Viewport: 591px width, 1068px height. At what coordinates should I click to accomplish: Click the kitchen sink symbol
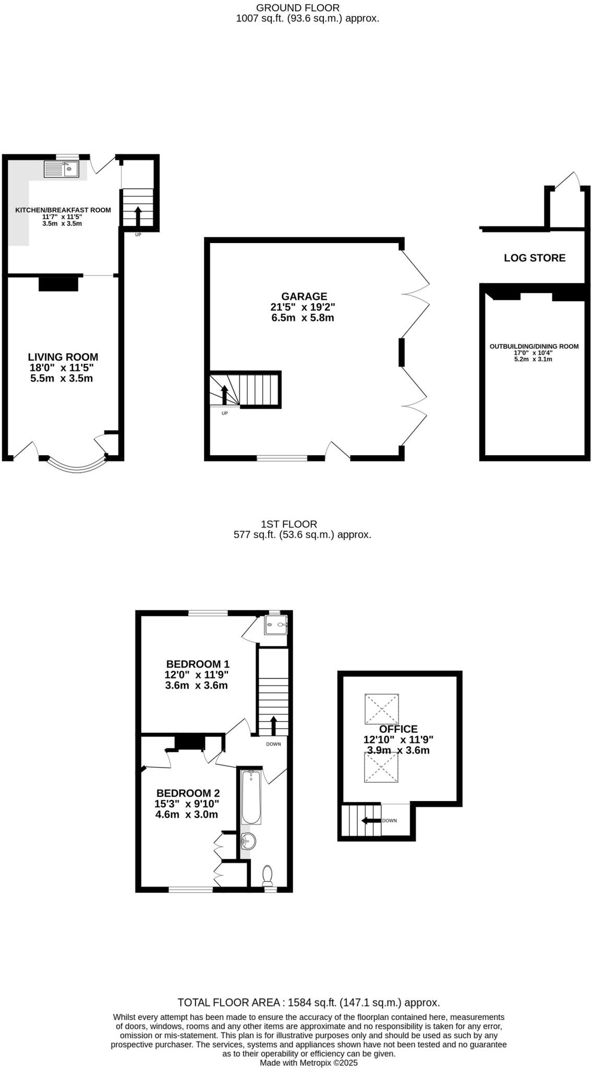[x=62, y=169]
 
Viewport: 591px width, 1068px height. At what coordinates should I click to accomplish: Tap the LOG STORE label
[x=534, y=258]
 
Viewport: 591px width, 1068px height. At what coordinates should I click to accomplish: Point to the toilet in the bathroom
[x=268, y=876]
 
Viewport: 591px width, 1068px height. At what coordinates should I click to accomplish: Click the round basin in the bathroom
[x=249, y=840]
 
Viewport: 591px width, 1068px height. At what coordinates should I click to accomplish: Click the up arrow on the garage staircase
[x=224, y=395]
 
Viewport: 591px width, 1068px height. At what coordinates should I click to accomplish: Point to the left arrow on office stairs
[x=371, y=820]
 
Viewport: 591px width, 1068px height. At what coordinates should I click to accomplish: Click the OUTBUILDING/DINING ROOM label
[x=534, y=346]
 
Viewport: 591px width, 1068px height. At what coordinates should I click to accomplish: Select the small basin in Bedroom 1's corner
[x=276, y=625]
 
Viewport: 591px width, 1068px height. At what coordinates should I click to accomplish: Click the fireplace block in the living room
[x=58, y=284]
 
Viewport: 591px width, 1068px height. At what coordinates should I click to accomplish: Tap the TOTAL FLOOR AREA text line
[x=308, y=1002]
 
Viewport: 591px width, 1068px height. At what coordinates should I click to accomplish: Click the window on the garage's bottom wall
[x=282, y=458]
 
